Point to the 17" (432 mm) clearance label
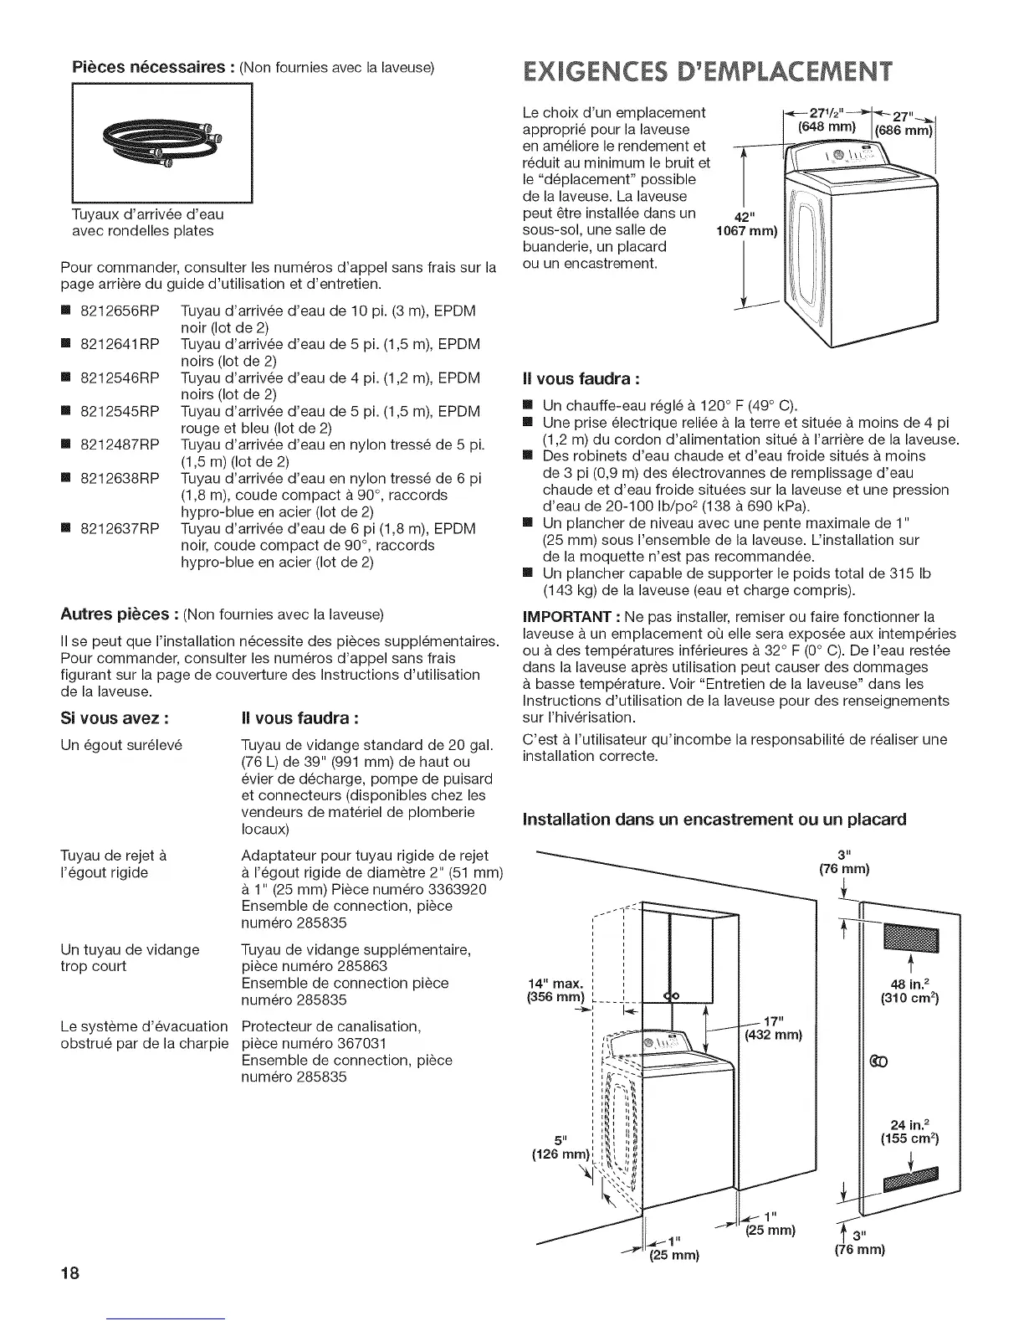pyautogui.click(x=774, y=1028)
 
